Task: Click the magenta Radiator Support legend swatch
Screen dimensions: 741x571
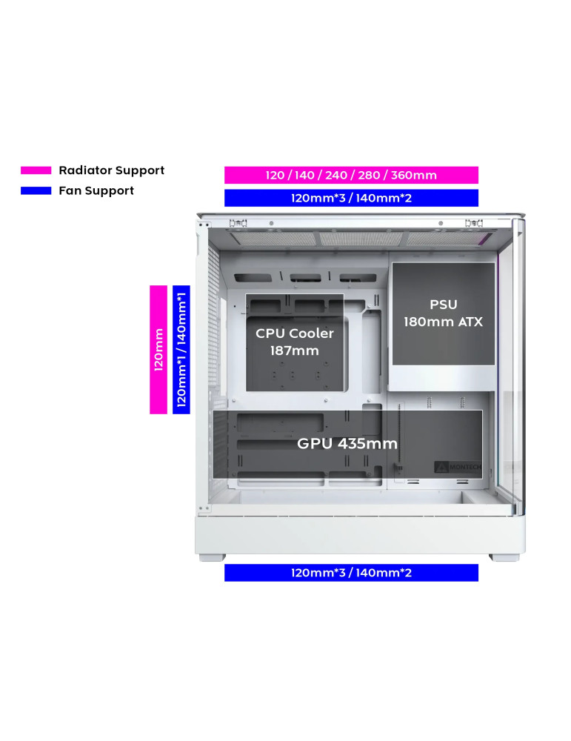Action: tap(36, 170)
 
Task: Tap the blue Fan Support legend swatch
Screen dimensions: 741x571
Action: tap(36, 191)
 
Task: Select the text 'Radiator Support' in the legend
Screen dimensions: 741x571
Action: tap(111, 170)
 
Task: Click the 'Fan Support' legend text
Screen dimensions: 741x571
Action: tap(96, 191)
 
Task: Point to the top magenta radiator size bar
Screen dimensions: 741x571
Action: tap(351, 175)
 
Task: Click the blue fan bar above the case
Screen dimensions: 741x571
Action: tap(351, 198)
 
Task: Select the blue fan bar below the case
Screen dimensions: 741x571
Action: tap(351, 573)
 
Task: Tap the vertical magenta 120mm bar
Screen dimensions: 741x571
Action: tap(158, 349)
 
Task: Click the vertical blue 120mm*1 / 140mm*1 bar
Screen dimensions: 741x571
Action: tap(181, 349)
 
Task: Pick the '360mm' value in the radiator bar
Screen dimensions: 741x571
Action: tap(415, 176)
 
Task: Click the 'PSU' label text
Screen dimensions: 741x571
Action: tap(443, 305)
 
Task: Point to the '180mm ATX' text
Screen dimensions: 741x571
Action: tap(443, 322)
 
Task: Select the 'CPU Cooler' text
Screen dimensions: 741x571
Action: tap(295, 333)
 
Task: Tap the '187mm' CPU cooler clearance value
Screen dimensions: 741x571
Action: tap(295, 350)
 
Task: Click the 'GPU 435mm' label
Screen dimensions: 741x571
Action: tap(347, 444)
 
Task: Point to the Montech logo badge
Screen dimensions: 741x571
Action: tap(458, 467)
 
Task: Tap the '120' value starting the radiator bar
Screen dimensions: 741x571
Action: tap(275, 176)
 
